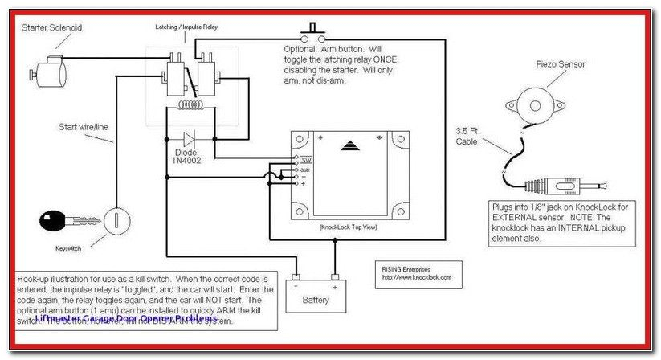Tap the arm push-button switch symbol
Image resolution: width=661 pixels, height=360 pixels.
click(312, 35)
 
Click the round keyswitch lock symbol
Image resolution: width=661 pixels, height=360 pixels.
click(112, 219)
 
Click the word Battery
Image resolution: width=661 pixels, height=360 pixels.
click(316, 299)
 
